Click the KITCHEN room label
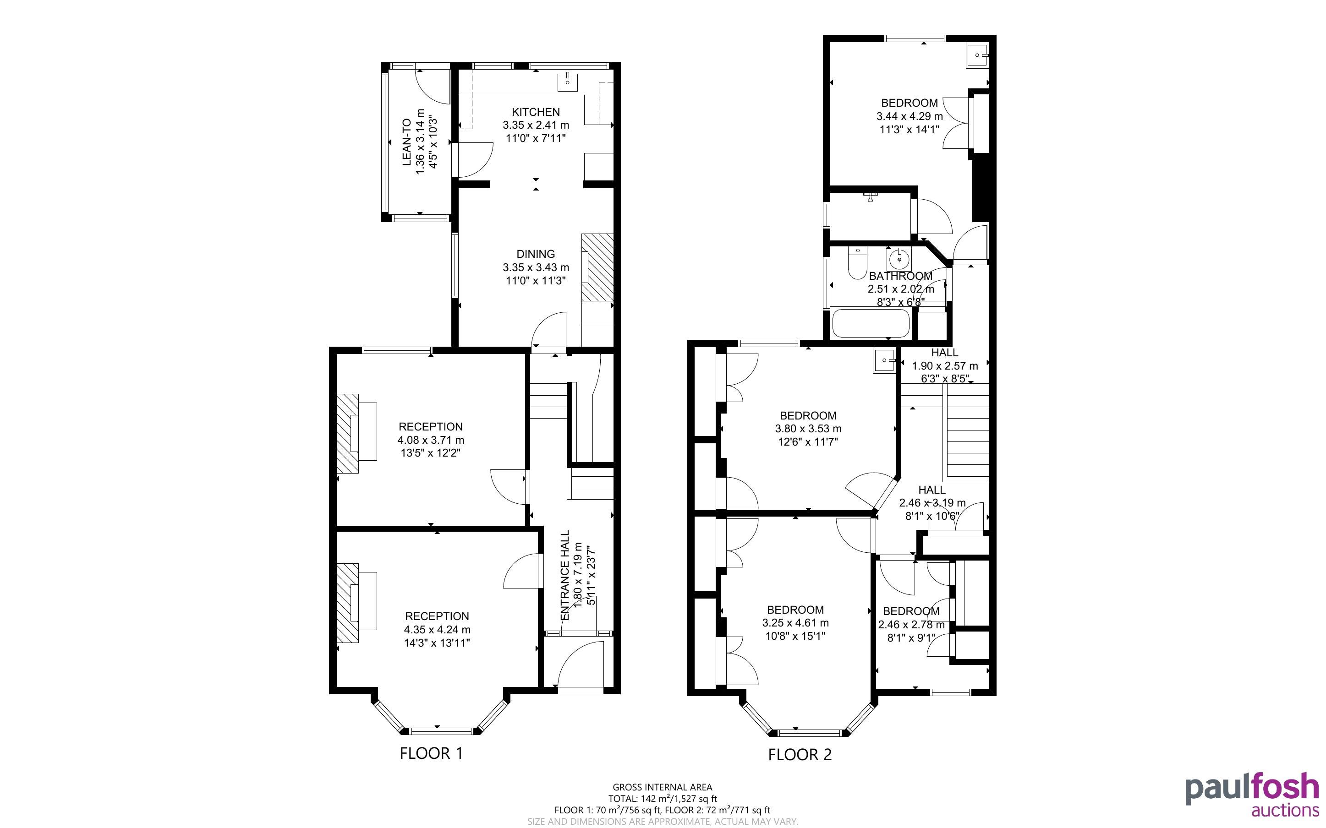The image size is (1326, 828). tap(536, 112)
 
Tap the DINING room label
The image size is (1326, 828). tap(536, 254)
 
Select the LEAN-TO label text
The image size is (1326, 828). tap(406, 142)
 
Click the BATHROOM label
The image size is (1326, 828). tap(901, 276)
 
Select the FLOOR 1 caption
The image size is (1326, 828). tap(432, 753)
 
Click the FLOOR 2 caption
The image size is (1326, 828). tap(800, 755)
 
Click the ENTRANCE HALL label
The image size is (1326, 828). tap(565, 575)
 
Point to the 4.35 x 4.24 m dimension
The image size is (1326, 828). tap(437, 630)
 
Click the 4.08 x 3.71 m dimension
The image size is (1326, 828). tap(431, 440)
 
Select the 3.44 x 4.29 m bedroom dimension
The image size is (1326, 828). tap(910, 116)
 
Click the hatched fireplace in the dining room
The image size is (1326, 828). tap(597, 268)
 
